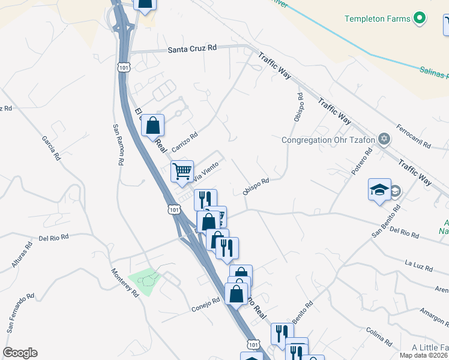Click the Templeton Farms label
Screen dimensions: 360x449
[378, 19]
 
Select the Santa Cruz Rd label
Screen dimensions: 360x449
[191, 49]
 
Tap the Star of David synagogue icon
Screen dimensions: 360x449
[384, 140]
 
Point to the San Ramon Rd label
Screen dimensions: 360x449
[118, 145]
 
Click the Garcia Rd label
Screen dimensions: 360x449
[50, 148]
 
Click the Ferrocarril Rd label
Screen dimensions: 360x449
[414, 137]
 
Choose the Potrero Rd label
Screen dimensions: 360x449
[362, 163]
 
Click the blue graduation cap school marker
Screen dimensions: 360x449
[379, 190]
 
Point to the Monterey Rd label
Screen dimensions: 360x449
[125, 282]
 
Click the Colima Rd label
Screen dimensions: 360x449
[379, 338]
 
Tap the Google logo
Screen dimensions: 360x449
[20, 353]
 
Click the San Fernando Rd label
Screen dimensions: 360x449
[20, 313]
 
